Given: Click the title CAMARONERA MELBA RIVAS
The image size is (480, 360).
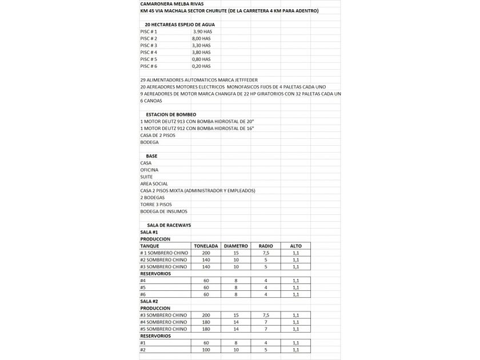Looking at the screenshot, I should coord(167,3).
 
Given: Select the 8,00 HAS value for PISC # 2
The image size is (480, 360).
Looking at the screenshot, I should coord(201,38).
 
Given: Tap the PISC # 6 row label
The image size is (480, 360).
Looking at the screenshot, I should coord(149,66).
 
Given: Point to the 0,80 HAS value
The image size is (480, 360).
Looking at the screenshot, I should coord(201,59).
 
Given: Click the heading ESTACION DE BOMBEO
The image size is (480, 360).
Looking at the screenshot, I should coord(171,114).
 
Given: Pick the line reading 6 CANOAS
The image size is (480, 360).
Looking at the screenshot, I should coord(151,101).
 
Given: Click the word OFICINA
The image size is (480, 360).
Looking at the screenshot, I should coord(149,170).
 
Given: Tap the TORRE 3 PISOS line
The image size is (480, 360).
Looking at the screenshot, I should coord(156,204).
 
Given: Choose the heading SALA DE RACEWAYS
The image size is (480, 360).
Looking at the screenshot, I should coord(169,225).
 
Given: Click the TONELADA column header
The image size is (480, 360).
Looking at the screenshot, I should coord(206,246).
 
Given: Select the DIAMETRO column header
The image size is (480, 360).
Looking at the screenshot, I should coord(235,246).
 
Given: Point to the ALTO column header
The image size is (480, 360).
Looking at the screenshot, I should coord(295,246).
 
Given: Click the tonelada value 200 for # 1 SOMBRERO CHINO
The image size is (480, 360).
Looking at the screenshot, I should coord(206,253).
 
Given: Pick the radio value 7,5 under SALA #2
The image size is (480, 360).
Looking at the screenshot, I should coord(266,315).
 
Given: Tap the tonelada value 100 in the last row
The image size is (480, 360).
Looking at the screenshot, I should coord(206,349).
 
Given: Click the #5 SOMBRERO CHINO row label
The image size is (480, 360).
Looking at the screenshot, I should coord(163,329).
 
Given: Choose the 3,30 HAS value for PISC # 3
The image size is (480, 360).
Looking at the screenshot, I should coord(201,45).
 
